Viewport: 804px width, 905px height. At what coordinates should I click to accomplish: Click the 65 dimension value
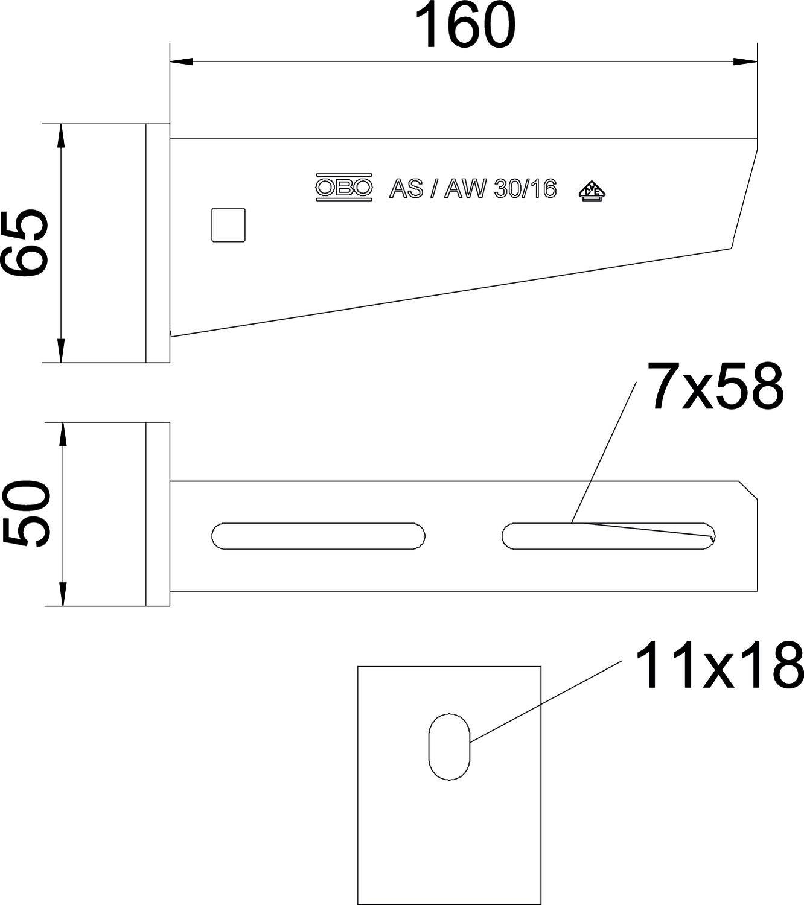tap(24, 243)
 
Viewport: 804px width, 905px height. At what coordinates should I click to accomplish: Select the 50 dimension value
tap(25, 514)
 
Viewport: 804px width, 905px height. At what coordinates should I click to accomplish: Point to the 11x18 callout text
tap(718, 665)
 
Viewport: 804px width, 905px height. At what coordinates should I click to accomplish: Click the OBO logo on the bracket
tap(343, 188)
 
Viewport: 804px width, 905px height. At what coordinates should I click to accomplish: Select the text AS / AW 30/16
tap(472, 189)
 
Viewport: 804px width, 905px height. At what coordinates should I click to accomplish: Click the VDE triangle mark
tap(592, 191)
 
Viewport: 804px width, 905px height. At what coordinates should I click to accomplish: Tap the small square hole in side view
tap(228, 225)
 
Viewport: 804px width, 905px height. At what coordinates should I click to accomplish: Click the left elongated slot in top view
tap(318, 536)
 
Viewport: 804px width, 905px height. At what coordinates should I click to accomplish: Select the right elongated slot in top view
tap(608, 536)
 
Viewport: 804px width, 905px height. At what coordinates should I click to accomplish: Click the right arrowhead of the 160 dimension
tap(746, 62)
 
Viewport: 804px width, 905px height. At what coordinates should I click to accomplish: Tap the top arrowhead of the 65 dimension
tap(60, 135)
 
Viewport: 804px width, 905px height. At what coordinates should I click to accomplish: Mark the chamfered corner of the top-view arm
tap(749, 490)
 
